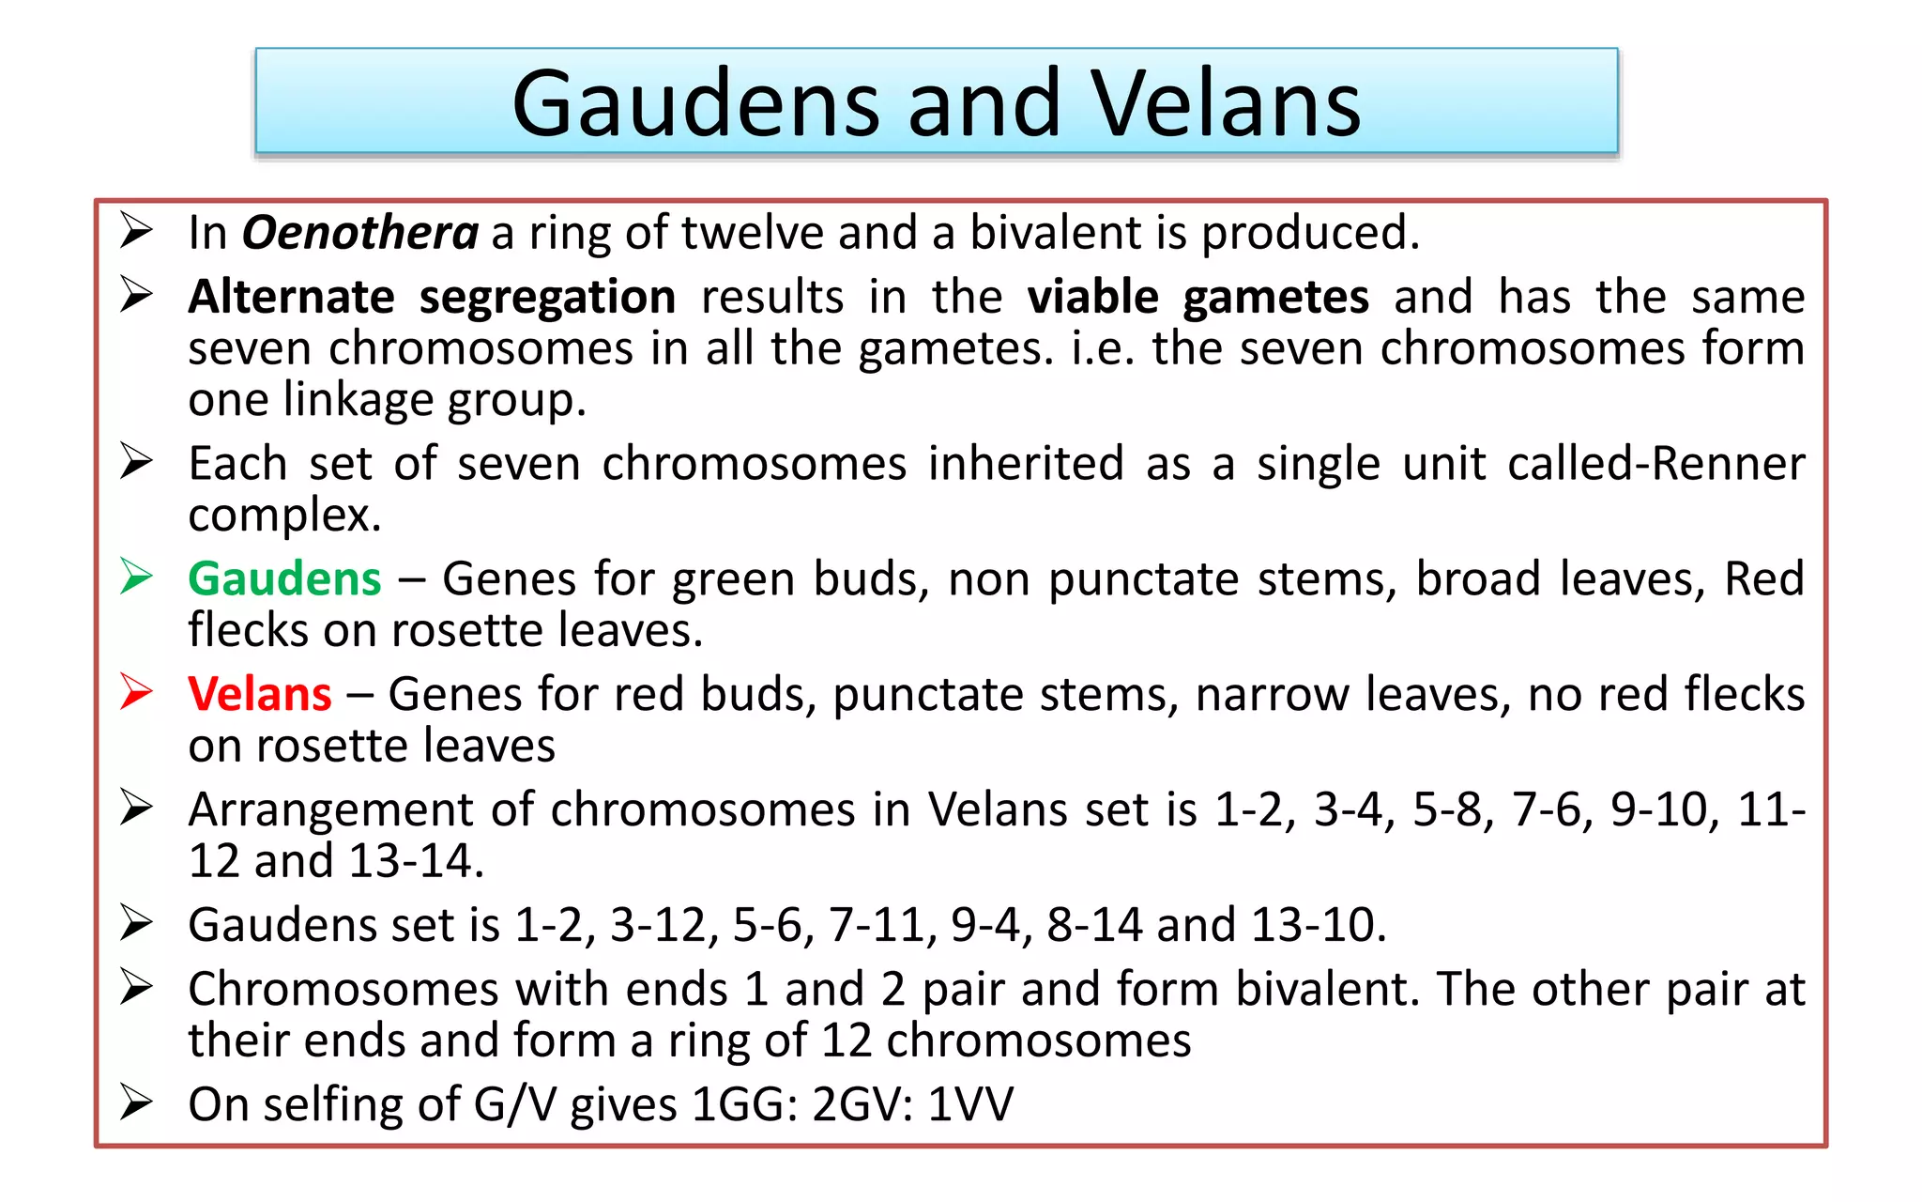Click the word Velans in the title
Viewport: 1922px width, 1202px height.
1225,103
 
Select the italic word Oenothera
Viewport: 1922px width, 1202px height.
360,232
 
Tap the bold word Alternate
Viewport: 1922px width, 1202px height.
291,298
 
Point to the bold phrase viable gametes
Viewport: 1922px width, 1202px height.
1197,298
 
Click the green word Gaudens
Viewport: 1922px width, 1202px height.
284,578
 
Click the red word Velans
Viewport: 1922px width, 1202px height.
260,694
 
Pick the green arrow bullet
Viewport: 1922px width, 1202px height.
137,577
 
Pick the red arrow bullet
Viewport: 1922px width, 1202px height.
137,692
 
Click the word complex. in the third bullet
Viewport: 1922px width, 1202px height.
284,516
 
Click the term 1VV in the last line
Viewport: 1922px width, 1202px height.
970,1104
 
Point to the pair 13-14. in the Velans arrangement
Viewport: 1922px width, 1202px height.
416,861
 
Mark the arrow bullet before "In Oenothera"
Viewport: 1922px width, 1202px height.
137,230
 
